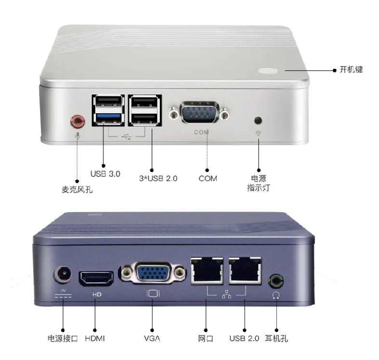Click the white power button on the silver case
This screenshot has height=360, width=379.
pos(268,71)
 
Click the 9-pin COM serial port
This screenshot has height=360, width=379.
pos(199,114)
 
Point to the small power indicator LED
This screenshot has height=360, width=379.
pos(259,119)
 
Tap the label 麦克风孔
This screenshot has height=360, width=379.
pos(77,189)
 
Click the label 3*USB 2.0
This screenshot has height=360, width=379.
pos(155,178)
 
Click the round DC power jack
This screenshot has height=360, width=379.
pos(63,276)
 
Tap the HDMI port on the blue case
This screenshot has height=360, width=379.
pos(96,277)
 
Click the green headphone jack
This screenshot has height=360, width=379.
pos(275,280)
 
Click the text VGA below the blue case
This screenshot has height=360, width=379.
pos(152,338)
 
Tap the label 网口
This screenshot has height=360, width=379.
pos(205,338)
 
